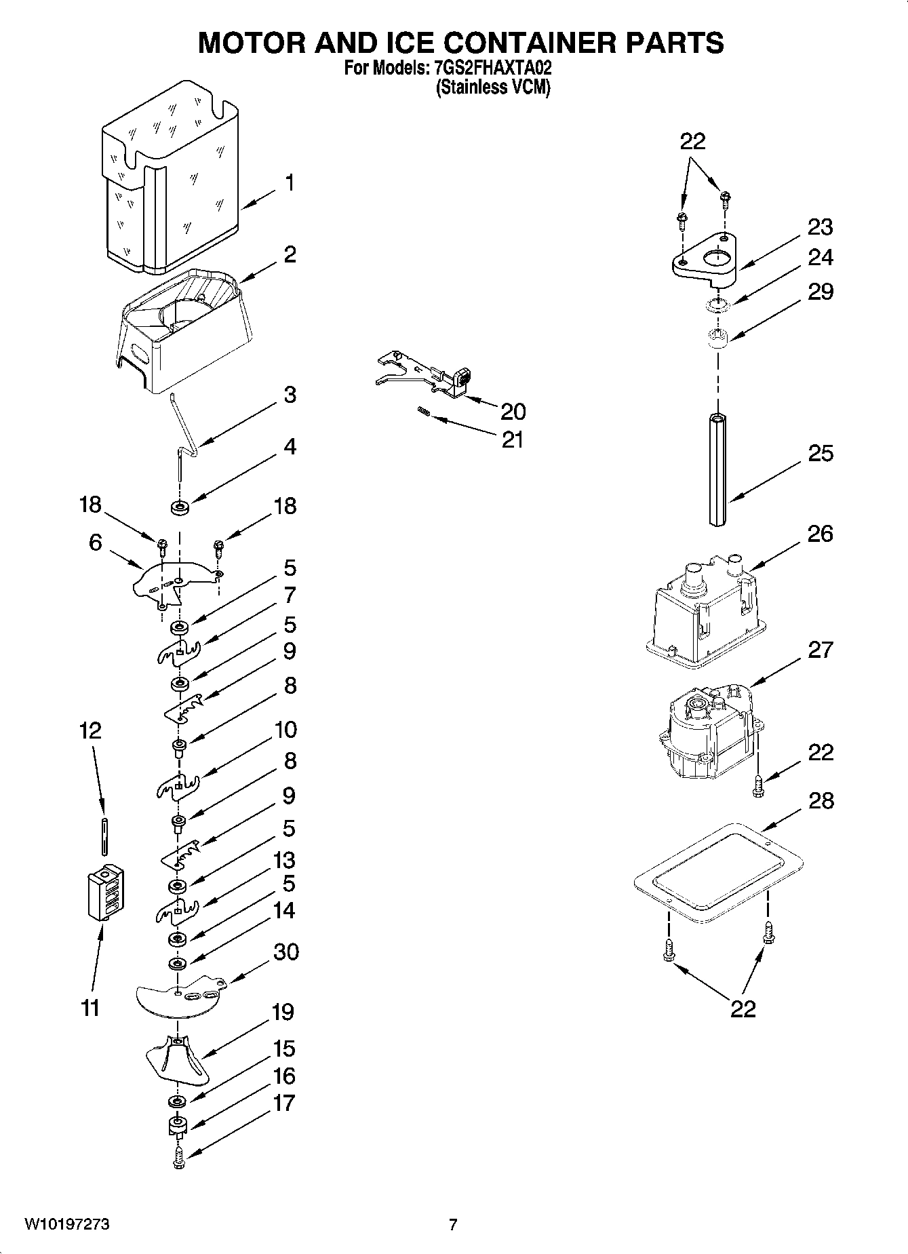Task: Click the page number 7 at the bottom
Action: pyautogui.click(x=453, y=1224)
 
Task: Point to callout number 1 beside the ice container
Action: pyautogui.click(x=290, y=183)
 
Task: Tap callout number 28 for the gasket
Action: pyautogui.click(x=821, y=801)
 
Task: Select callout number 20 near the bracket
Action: pyautogui.click(x=513, y=412)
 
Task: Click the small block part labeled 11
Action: pyautogui.click(x=105, y=892)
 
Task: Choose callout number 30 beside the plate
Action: pyautogui.click(x=285, y=952)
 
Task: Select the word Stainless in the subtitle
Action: pyautogui.click(x=467, y=87)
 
